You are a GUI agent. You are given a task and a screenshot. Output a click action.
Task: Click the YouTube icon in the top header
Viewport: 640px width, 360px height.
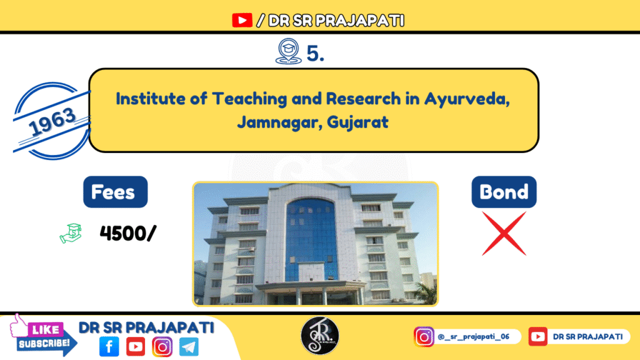[242, 21]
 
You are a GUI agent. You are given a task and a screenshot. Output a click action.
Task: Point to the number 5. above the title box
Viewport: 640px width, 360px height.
[316, 54]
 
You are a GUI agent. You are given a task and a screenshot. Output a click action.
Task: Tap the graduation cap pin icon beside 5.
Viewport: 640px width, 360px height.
[286, 52]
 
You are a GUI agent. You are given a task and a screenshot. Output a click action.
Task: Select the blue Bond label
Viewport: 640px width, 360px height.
[504, 192]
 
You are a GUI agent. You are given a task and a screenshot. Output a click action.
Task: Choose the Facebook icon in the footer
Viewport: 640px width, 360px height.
[109, 346]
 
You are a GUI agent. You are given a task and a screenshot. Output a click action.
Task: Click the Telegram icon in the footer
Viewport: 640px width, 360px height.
[188, 346]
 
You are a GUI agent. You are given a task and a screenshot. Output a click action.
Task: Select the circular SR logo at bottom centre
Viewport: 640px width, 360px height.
[320, 336]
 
